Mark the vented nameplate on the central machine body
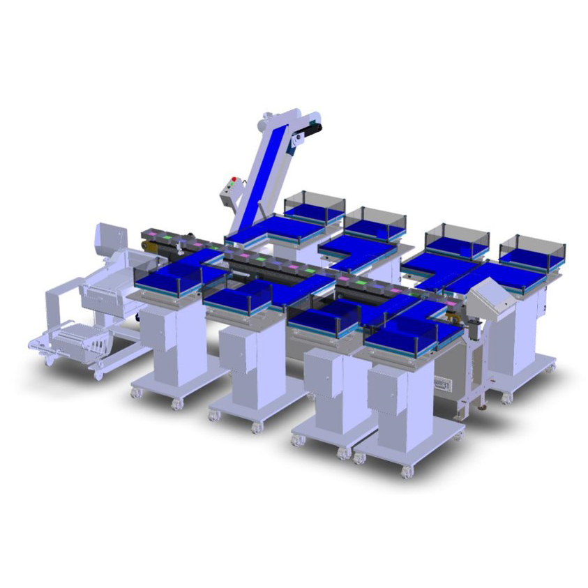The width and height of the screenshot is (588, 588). point(442,383)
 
